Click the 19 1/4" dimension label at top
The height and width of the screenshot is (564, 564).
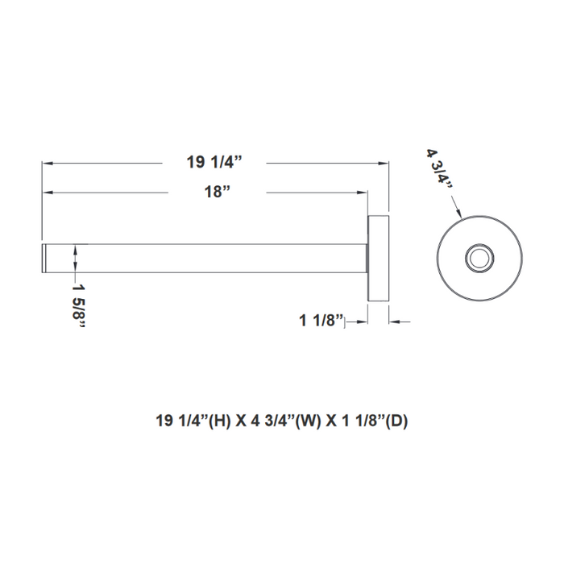click(215, 162)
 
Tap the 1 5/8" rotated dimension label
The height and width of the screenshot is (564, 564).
click(80, 302)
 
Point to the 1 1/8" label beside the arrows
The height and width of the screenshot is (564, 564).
click(321, 321)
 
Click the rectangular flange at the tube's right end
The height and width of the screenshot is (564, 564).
click(379, 259)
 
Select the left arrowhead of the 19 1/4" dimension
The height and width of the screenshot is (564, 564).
click(48, 163)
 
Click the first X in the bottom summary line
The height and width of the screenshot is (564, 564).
click(241, 420)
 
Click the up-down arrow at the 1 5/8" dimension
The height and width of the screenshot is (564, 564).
click(75, 259)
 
